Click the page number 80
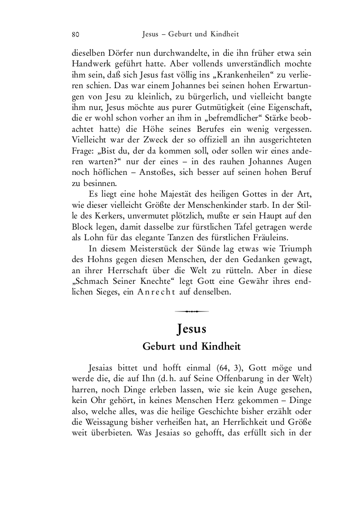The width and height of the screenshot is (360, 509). click(75, 34)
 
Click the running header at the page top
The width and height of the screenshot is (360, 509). click(190, 34)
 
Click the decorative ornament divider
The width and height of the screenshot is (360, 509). click(191, 311)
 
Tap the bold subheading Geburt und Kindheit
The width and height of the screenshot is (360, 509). click(191, 347)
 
